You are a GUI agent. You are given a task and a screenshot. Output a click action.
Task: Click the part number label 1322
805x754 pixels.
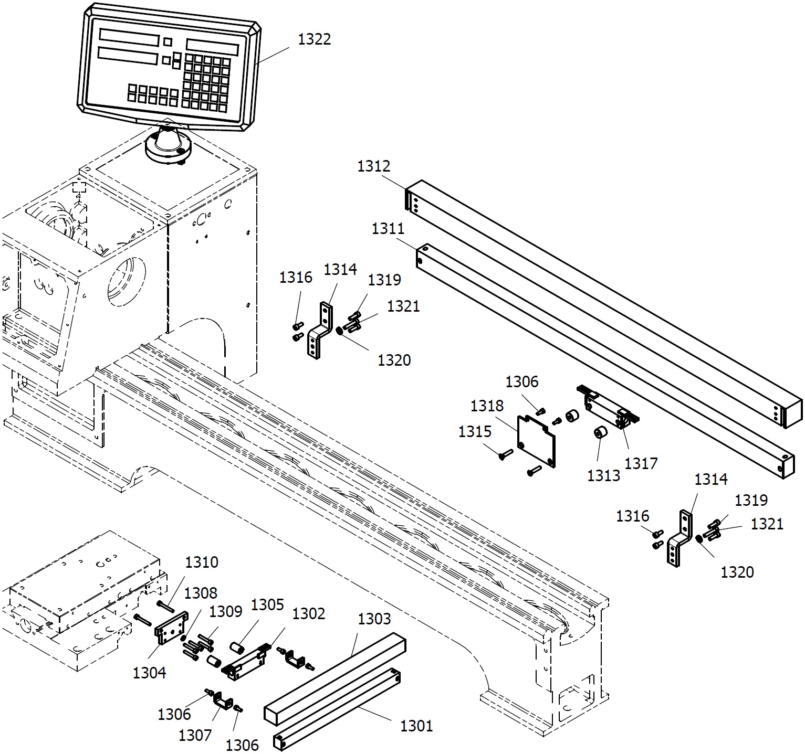(315, 40)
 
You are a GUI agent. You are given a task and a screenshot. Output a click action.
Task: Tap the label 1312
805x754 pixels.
(374, 166)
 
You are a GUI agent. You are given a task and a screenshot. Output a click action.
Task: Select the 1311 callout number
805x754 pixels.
(388, 229)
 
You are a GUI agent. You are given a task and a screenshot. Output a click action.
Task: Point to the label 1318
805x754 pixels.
(487, 406)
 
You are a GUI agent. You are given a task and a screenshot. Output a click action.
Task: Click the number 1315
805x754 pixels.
(475, 431)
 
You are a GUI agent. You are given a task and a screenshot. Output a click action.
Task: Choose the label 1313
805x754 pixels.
(603, 475)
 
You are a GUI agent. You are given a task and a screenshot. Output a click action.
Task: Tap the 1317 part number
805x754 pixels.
(641, 463)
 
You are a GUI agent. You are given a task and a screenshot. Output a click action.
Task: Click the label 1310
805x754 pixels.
(202, 562)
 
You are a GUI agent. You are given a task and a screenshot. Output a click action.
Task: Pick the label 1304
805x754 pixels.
(149, 673)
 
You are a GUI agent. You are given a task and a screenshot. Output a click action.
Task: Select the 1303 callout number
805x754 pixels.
(374, 619)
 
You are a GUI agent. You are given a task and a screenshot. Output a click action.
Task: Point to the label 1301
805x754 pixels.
(416, 726)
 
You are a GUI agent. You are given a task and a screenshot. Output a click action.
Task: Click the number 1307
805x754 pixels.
(195, 736)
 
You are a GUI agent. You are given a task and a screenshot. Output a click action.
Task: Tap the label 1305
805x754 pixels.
(267, 605)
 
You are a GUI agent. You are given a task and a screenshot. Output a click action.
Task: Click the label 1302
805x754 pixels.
(308, 613)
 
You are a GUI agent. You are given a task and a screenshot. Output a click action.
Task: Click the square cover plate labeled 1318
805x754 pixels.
(536, 440)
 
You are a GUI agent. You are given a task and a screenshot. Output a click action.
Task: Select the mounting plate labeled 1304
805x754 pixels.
(171, 628)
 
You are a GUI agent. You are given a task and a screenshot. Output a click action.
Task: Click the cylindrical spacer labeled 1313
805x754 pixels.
(600, 434)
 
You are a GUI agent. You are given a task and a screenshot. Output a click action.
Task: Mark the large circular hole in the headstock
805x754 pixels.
(127, 282)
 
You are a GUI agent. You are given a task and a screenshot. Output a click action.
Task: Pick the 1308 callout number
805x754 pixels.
(201, 593)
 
